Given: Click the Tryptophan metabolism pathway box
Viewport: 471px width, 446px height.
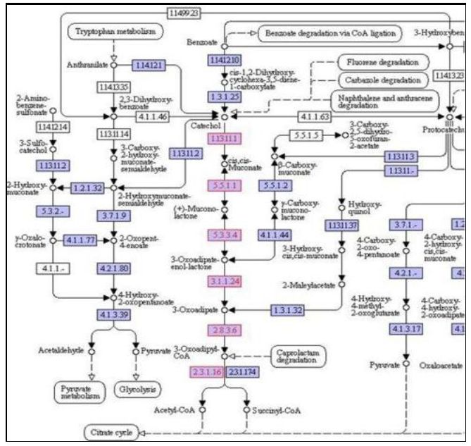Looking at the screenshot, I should click(x=115, y=31).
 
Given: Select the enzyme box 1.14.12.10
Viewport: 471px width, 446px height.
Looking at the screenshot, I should click(x=224, y=60).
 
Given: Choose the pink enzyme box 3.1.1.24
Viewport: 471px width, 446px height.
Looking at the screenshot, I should click(x=224, y=282).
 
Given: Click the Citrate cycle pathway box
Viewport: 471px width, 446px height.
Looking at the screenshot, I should click(x=110, y=431).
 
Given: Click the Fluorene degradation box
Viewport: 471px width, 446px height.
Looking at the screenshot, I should click(x=383, y=62).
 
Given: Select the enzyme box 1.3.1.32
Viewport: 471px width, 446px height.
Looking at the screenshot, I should click(x=288, y=309).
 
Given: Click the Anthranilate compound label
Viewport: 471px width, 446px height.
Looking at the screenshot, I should click(x=87, y=64).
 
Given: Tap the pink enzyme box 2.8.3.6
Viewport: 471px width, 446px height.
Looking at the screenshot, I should click(x=224, y=330).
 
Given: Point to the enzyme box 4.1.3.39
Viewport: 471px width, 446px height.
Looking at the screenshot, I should click(x=113, y=313).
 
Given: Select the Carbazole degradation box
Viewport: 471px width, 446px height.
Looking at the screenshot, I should click(x=383, y=80).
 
